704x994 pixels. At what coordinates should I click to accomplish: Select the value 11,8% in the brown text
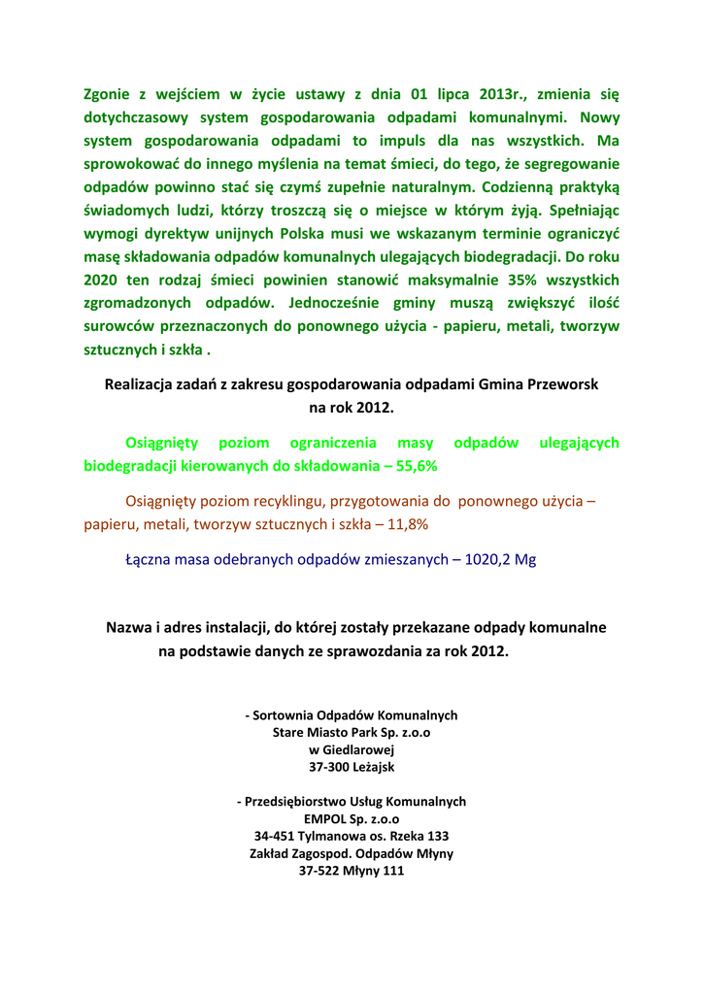pos(408,524)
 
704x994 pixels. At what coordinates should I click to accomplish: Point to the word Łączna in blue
pos(148,560)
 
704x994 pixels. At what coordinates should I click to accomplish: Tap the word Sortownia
pos(286,715)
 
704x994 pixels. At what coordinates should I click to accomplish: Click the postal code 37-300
pos(328,767)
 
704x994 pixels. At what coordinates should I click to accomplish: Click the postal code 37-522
pos(319,871)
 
